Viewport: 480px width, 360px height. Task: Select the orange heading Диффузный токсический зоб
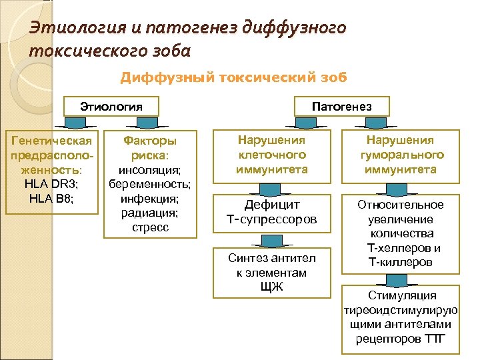coord(233,77)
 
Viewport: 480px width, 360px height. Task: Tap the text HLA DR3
coord(51,183)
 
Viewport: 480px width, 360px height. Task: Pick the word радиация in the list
coord(150,213)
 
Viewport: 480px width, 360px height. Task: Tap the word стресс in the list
coord(150,227)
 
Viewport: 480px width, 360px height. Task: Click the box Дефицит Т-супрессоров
coord(272,211)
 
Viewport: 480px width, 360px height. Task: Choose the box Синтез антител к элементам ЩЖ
coord(272,273)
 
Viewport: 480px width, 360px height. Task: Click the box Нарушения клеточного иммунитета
coord(272,155)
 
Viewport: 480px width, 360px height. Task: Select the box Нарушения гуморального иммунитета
coord(400,155)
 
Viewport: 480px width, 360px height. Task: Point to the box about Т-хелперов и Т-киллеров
coord(400,233)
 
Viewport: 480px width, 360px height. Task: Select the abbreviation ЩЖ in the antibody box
coord(271,287)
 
